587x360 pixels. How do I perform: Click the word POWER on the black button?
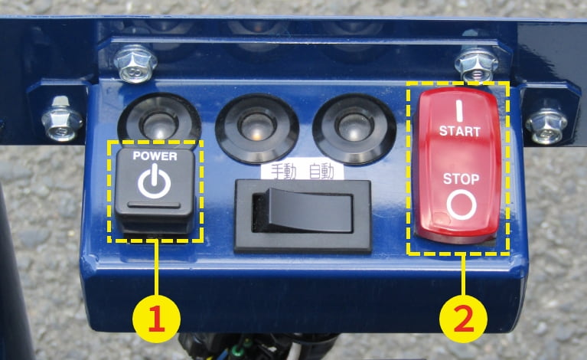coord(155,155)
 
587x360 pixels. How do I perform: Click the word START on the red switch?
coord(459,131)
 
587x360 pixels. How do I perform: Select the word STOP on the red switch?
coord(459,179)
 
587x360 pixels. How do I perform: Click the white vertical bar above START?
coord(460,107)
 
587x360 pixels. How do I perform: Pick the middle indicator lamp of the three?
coord(253,123)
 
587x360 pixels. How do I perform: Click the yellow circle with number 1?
coord(157,316)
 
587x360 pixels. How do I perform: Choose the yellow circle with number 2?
coord(464,316)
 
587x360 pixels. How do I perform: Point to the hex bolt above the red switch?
coord(475,64)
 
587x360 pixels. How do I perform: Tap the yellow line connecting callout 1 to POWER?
coord(157,268)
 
